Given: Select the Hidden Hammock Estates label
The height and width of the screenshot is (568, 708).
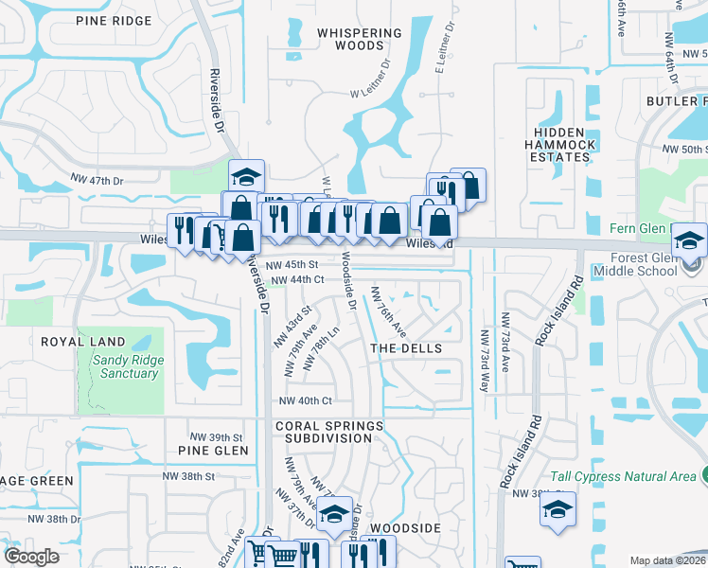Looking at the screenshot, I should coord(560,144).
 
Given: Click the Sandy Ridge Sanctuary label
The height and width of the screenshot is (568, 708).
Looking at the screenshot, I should coord(128,366).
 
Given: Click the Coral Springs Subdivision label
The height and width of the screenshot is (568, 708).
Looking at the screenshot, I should coord(329,432).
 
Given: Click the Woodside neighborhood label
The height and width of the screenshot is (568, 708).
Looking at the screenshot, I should coord(405,526).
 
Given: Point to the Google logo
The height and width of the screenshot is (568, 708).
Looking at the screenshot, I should coord(32,557).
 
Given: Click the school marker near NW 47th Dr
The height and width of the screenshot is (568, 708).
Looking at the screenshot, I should coord(246,177).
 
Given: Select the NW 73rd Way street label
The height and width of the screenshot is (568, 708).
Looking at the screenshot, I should coord(485,361).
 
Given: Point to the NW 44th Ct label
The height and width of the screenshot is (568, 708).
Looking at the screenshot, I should coord(298,280).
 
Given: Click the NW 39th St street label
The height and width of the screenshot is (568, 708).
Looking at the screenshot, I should coord(217,436).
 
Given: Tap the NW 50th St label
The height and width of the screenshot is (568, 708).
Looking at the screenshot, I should coord(685,150).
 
